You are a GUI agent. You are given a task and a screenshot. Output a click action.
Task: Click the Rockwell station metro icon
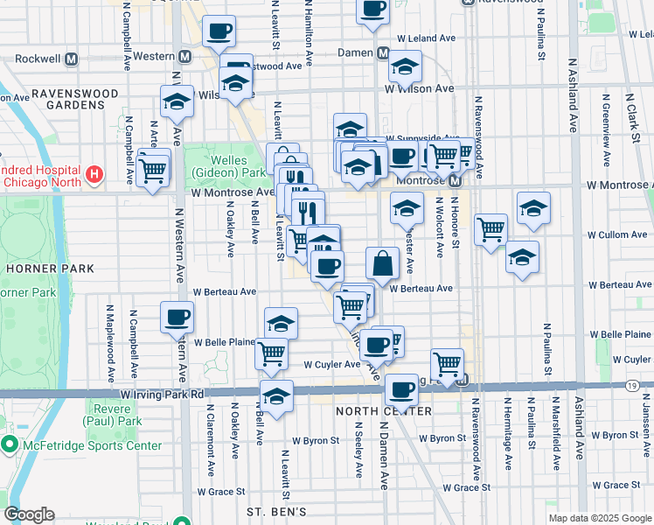(71, 59)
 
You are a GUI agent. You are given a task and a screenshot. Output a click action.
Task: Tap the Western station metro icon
(184, 56)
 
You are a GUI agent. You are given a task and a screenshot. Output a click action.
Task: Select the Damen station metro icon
(383, 53)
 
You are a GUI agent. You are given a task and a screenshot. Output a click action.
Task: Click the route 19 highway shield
(631, 384)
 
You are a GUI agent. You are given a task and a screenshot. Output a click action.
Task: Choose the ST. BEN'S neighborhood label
(275, 511)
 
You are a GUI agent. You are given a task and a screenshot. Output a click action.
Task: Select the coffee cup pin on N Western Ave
(177, 316)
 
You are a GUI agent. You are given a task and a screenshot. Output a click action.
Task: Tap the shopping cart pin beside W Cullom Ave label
(491, 229)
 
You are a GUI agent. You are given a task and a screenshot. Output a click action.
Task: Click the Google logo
(29, 514)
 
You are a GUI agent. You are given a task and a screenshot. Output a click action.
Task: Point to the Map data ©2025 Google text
(600, 518)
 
